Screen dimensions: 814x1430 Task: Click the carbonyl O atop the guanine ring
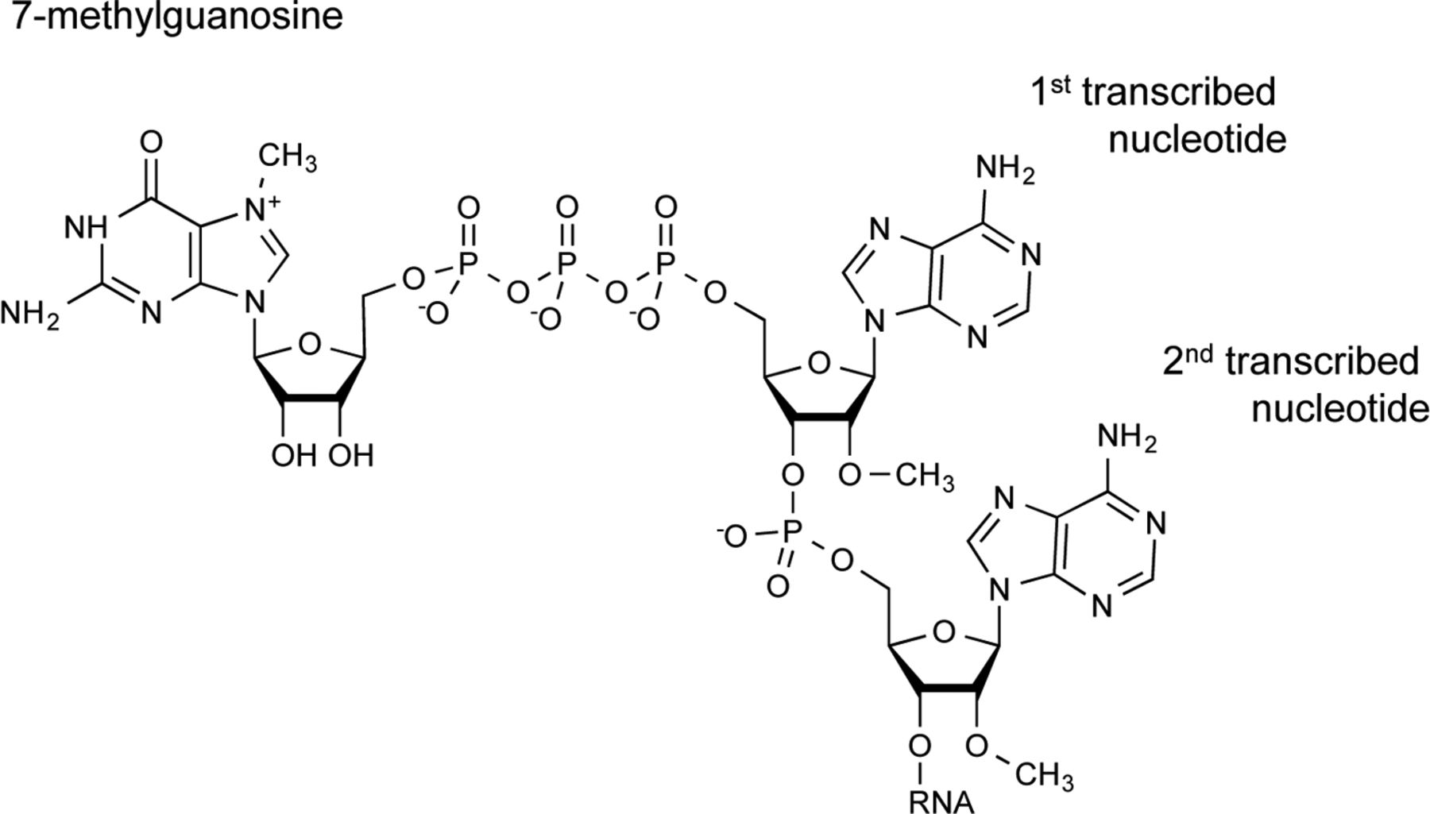click(x=150, y=143)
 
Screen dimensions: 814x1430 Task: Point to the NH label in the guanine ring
click(x=86, y=227)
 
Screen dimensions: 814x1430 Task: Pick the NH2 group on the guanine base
click(x=29, y=314)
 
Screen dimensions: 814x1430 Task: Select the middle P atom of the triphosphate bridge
click(x=566, y=261)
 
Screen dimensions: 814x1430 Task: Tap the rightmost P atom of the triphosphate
click(x=666, y=261)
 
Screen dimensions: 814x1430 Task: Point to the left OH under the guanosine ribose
click(x=293, y=456)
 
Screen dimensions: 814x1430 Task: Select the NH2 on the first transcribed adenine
click(x=1005, y=169)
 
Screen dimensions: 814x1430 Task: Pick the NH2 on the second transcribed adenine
click(x=1126, y=436)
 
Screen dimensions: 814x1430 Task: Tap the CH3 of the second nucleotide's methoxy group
click(x=1045, y=774)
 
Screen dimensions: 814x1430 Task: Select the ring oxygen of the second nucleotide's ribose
click(x=943, y=633)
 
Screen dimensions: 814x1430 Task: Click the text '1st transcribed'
click(x=1153, y=93)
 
